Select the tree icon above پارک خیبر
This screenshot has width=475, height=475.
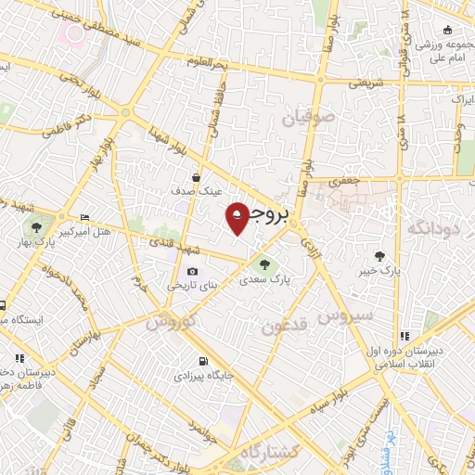[x=379, y=256]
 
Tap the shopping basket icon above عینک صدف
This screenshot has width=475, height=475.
[x=197, y=177]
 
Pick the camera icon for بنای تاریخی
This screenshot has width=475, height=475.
[x=192, y=271]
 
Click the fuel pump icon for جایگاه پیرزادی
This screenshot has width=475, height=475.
[x=200, y=362]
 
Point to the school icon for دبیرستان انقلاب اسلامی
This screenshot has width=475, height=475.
[x=404, y=336]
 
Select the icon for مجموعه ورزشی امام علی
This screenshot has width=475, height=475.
[x=448, y=31]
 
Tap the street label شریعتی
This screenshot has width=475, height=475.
[x=366, y=83]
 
